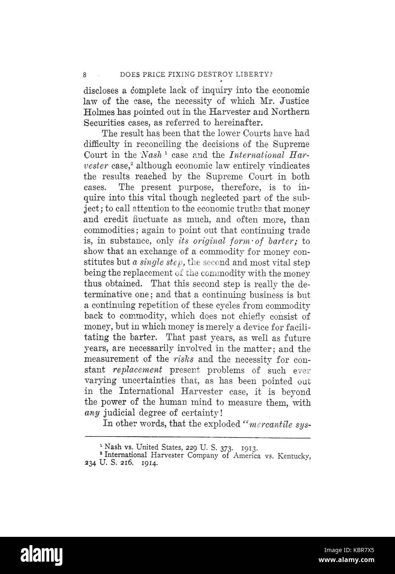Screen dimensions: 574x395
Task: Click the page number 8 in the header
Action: (85, 75)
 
